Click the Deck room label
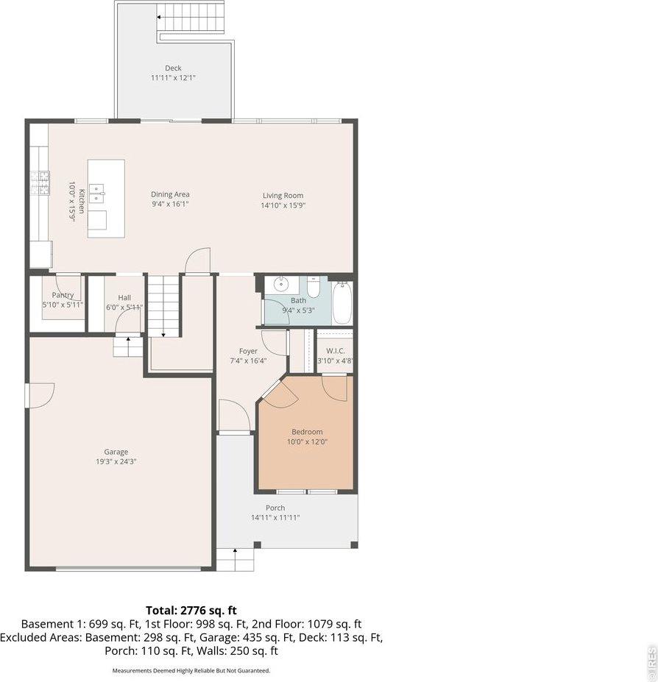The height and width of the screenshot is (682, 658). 173,68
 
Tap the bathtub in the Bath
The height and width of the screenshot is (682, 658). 342,303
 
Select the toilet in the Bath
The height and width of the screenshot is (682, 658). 314,288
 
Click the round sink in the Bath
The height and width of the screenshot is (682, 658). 280,285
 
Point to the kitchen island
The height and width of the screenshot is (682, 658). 106,199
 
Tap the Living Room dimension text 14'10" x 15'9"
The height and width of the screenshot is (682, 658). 283,206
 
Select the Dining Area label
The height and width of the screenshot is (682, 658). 170,194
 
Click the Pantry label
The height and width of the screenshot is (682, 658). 62,295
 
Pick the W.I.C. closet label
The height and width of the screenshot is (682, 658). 335,351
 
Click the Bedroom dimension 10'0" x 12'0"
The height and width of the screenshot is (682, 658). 307,442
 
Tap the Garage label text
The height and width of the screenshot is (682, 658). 116,452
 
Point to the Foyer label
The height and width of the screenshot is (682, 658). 248,351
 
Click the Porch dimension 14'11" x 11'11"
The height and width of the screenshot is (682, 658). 275,518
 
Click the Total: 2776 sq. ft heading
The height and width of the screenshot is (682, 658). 191,610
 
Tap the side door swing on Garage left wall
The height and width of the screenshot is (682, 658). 40,395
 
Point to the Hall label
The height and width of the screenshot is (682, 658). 124,297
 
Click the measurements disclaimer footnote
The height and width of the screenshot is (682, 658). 191,670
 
